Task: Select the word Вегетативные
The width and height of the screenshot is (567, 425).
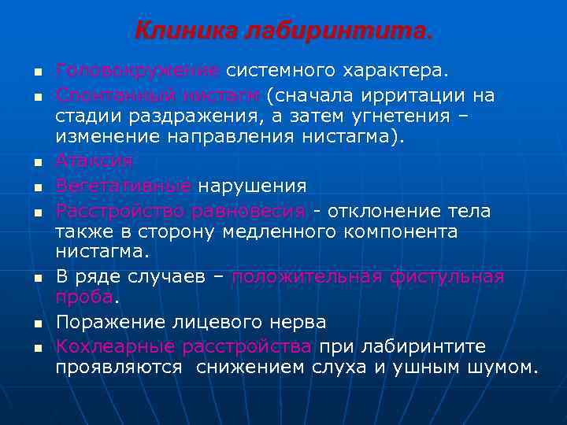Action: pos(124,187)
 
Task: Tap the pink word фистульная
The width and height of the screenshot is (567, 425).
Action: pos(449,277)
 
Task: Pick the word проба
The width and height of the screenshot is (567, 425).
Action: pos(84,297)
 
